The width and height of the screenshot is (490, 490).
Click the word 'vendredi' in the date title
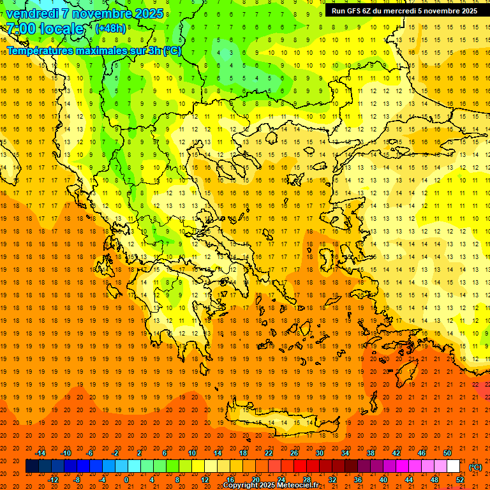(x=31, y=13)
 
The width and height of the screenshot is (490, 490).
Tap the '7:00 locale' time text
(x=45, y=29)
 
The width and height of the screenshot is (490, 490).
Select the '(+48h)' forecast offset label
(x=110, y=28)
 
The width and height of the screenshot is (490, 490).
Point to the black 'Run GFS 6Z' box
(x=404, y=11)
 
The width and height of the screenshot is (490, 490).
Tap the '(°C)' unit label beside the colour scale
(x=475, y=467)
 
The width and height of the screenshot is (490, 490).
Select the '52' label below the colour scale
(x=461, y=480)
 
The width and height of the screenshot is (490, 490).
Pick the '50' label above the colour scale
(x=447, y=453)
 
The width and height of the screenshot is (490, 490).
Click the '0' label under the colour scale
(x=126, y=480)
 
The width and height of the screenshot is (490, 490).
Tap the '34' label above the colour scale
(x=345, y=453)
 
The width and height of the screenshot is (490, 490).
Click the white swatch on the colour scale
(x=453, y=466)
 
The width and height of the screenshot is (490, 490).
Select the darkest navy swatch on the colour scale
(x=32, y=466)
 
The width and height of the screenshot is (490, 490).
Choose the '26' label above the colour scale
(x=293, y=453)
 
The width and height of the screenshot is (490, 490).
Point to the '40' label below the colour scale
(x=383, y=480)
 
